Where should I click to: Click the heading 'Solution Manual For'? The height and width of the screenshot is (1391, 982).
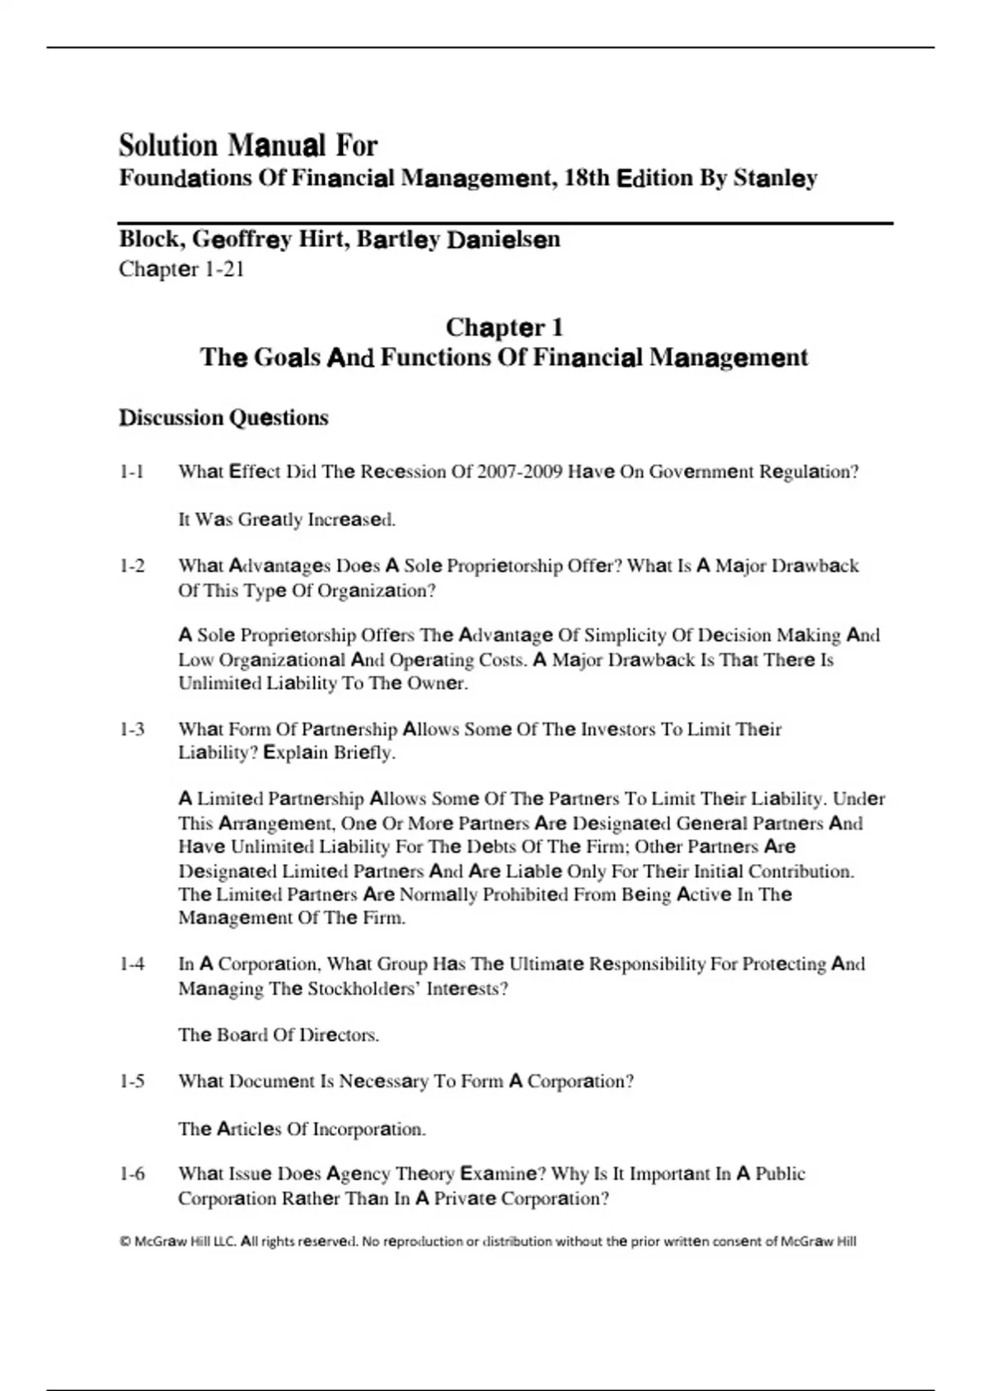(x=248, y=146)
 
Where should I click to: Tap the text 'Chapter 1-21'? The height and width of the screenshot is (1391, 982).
(x=182, y=269)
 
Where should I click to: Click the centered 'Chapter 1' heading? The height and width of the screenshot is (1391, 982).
(x=504, y=328)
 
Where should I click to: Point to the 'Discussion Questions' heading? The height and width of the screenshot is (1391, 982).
(x=223, y=418)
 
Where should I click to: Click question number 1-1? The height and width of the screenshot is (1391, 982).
(x=132, y=472)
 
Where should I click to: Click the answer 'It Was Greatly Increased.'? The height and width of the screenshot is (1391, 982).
(x=286, y=520)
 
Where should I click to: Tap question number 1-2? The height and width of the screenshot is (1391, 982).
(x=132, y=566)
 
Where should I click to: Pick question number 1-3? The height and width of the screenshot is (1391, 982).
(x=132, y=729)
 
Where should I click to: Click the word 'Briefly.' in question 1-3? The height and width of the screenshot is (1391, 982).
(x=365, y=753)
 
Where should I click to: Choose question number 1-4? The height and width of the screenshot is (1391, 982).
(x=132, y=965)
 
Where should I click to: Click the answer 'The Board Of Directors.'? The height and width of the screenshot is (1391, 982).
(x=278, y=1035)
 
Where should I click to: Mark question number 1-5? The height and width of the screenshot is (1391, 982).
(x=132, y=1082)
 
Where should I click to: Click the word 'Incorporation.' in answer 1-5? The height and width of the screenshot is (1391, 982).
(x=365, y=1129)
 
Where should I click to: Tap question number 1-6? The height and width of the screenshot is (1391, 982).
(x=132, y=1174)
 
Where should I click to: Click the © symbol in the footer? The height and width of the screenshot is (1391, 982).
(x=124, y=1241)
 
